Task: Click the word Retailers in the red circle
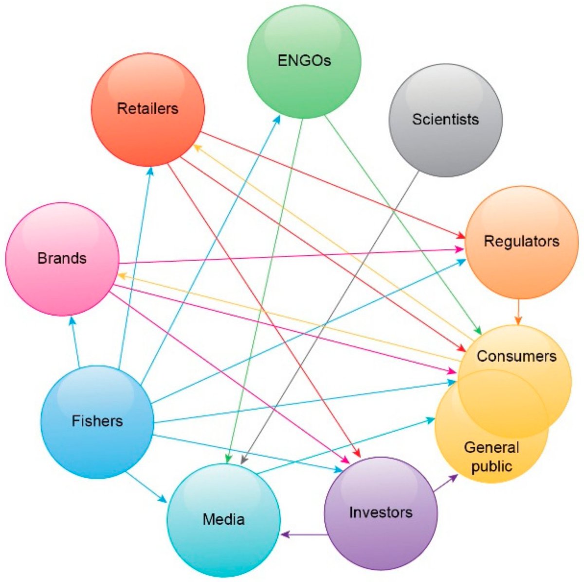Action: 147,108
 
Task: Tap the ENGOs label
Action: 304,60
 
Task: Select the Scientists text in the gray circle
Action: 445,119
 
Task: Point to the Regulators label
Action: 521,241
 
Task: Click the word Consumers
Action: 516,356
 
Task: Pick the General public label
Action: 492,457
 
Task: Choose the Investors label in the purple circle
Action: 381,512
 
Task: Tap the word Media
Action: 223,519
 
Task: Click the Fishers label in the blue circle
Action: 97,421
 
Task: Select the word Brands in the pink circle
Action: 62,258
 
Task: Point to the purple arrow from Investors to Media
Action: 304,534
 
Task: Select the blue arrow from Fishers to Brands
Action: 75,340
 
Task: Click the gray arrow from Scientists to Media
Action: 331,316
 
